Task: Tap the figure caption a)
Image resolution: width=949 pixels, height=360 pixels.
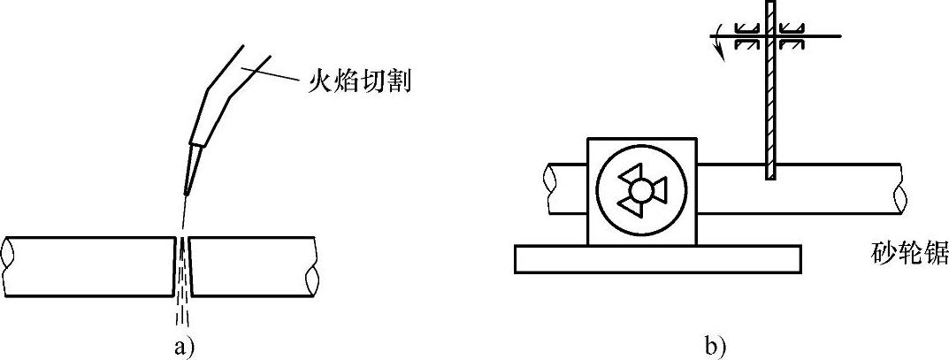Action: pyautogui.click(x=183, y=346)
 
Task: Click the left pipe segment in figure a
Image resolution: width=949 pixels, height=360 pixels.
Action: pyautogui.click(x=88, y=264)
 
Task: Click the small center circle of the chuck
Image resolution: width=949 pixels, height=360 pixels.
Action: pyautogui.click(x=641, y=190)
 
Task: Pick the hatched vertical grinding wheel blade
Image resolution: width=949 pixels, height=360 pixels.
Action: pyautogui.click(x=771, y=106)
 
